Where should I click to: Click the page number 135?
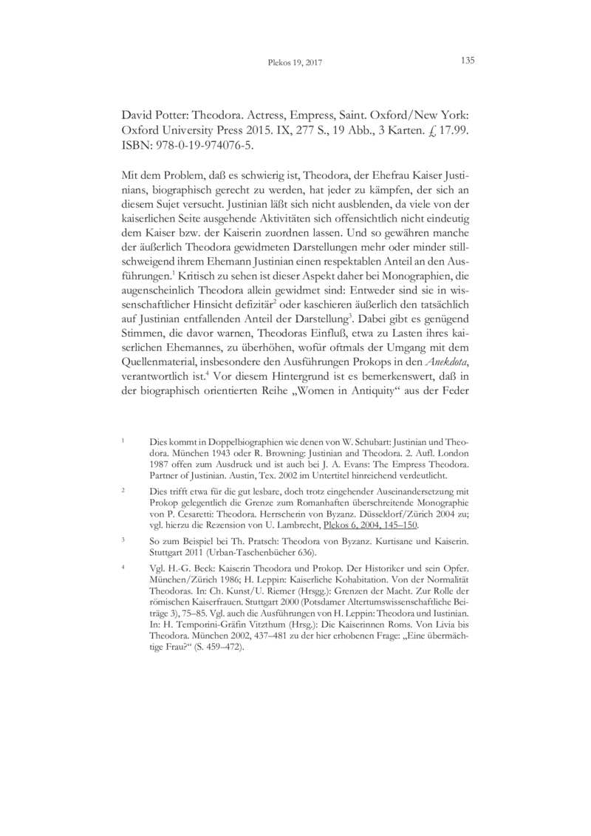466,61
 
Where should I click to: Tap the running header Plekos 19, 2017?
295,64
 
